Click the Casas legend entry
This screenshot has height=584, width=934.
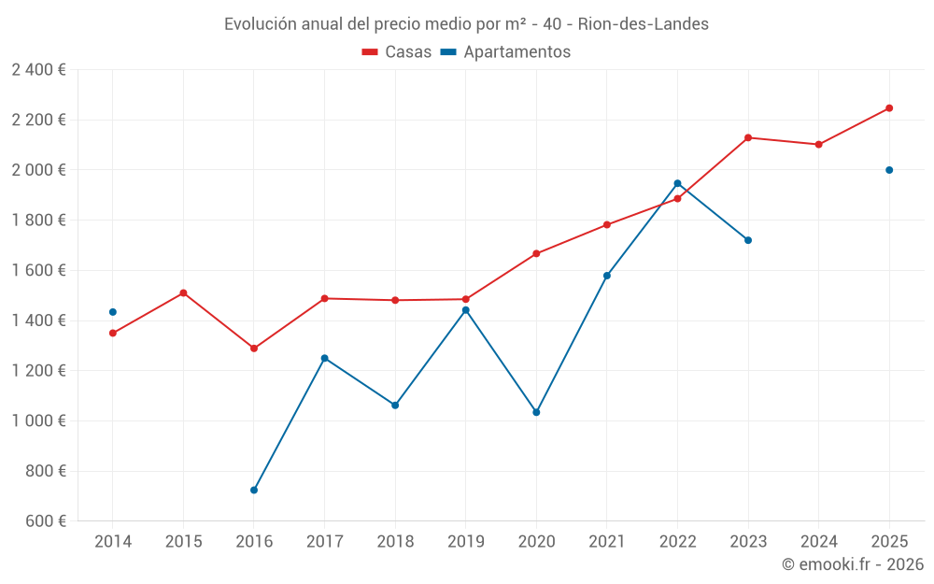click(x=397, y=52)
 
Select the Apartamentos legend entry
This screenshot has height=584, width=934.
click(x=505, y=52)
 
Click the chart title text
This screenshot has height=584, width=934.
click(x=466, y=23)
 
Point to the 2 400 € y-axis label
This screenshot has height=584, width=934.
click(x=38, y=70)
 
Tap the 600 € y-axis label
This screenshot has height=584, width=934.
click(x=44, y=521)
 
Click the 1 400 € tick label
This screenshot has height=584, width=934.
click(x=38, y=320)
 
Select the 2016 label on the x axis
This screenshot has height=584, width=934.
click(x=254, y=541)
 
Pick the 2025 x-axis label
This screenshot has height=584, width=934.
click(x=889, y=541)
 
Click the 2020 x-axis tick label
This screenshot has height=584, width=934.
click(x=536, y=541)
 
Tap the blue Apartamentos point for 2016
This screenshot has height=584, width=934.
click(x=254, y=490)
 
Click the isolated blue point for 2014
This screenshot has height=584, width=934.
click(x=113, y=312)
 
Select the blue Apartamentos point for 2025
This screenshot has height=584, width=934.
click(x=889, y=170)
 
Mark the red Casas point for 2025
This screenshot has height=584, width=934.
click(x=889, y=108)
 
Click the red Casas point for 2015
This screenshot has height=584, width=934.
click(x=183, y=293)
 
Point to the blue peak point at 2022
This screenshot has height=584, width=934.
click(x=677, y=183)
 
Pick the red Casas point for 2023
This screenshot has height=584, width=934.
click(x=748, y=137)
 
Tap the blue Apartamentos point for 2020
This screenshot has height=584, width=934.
click(x=536, y=412)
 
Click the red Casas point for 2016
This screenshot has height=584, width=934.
click(x=254, y=349)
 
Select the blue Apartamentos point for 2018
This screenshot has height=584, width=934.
click(x=395, y=406)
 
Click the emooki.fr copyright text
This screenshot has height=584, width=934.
click(x=853, y=564)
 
